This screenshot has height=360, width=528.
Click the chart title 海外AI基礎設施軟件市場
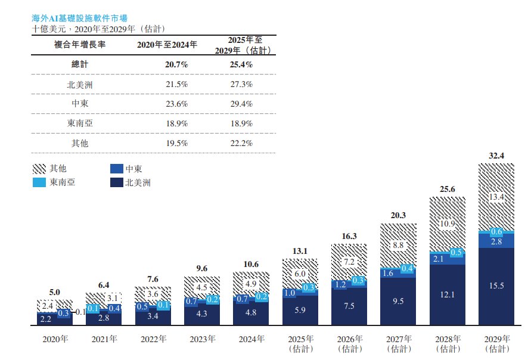click(79, 18)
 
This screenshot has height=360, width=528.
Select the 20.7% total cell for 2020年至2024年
click(176, 64)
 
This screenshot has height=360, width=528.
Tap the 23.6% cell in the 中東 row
click(176, 104)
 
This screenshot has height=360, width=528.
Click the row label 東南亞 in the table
click(80, 123)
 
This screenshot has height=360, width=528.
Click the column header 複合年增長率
click(80, 45)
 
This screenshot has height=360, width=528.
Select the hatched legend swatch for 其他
click(39, 169)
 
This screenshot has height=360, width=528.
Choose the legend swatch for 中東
click(117, 169)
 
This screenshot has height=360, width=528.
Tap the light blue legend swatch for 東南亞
click(39, 182)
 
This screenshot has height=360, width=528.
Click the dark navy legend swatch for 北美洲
click(117, 182)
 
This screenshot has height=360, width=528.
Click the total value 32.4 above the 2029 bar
click(496, 156)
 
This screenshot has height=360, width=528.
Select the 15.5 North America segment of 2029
click(496, 286)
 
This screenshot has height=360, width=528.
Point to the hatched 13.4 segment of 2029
click(496, 197)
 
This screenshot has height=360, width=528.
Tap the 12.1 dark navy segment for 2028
click(447, 295)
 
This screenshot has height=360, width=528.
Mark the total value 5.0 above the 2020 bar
click(55, 292)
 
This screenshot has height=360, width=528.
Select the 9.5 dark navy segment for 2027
click(398, 302)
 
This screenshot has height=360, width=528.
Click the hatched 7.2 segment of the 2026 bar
click(349, 262)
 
